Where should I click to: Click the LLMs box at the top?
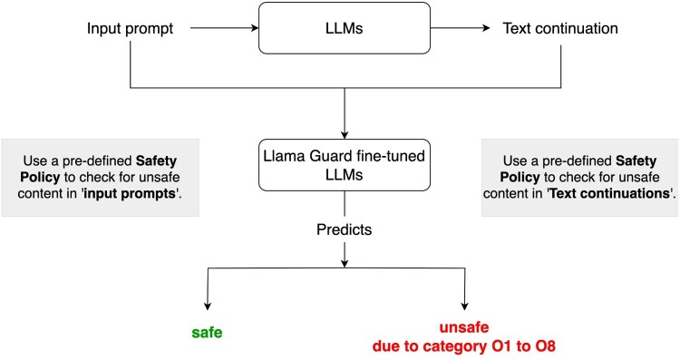tap(345, 28)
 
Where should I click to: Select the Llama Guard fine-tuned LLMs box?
tap(345, 165)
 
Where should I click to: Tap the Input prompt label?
tap(130, 29)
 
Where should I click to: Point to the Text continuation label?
tap(560, 28)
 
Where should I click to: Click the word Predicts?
tap(345, 229)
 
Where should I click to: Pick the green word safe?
tap(207, 333)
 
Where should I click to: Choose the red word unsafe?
tap(464, 327)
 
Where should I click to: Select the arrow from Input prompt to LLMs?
tap(224, 28)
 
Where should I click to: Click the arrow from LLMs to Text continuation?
tap(460, 28)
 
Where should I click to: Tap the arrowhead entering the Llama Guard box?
tap(345, 135)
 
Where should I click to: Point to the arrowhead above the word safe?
tap(208, 306)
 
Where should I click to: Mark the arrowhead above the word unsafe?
tap(465, 306)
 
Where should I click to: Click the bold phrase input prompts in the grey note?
tap(130, 193)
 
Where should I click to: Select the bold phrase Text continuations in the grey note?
tap(609, 193)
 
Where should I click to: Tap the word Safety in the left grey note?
tap(156, 161)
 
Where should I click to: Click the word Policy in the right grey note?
tap(520, 178)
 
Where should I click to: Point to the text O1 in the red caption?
tap(502, 346)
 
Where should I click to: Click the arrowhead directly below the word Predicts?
tap(345, 263)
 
